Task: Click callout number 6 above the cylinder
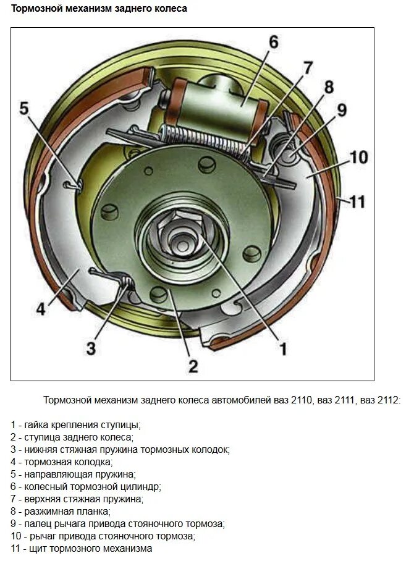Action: (x=272, y=43)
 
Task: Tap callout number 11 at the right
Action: (x=357, y=201)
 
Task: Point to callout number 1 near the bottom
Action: (x=283, y=350)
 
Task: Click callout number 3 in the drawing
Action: (x=90, y=348)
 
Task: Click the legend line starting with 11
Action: (x=81, y=548)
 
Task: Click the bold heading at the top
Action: (x=99, y=9)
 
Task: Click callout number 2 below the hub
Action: (x=193, y=366)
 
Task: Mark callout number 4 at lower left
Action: (x=40, y=308)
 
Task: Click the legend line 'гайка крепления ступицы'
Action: (x=75, y=424)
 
